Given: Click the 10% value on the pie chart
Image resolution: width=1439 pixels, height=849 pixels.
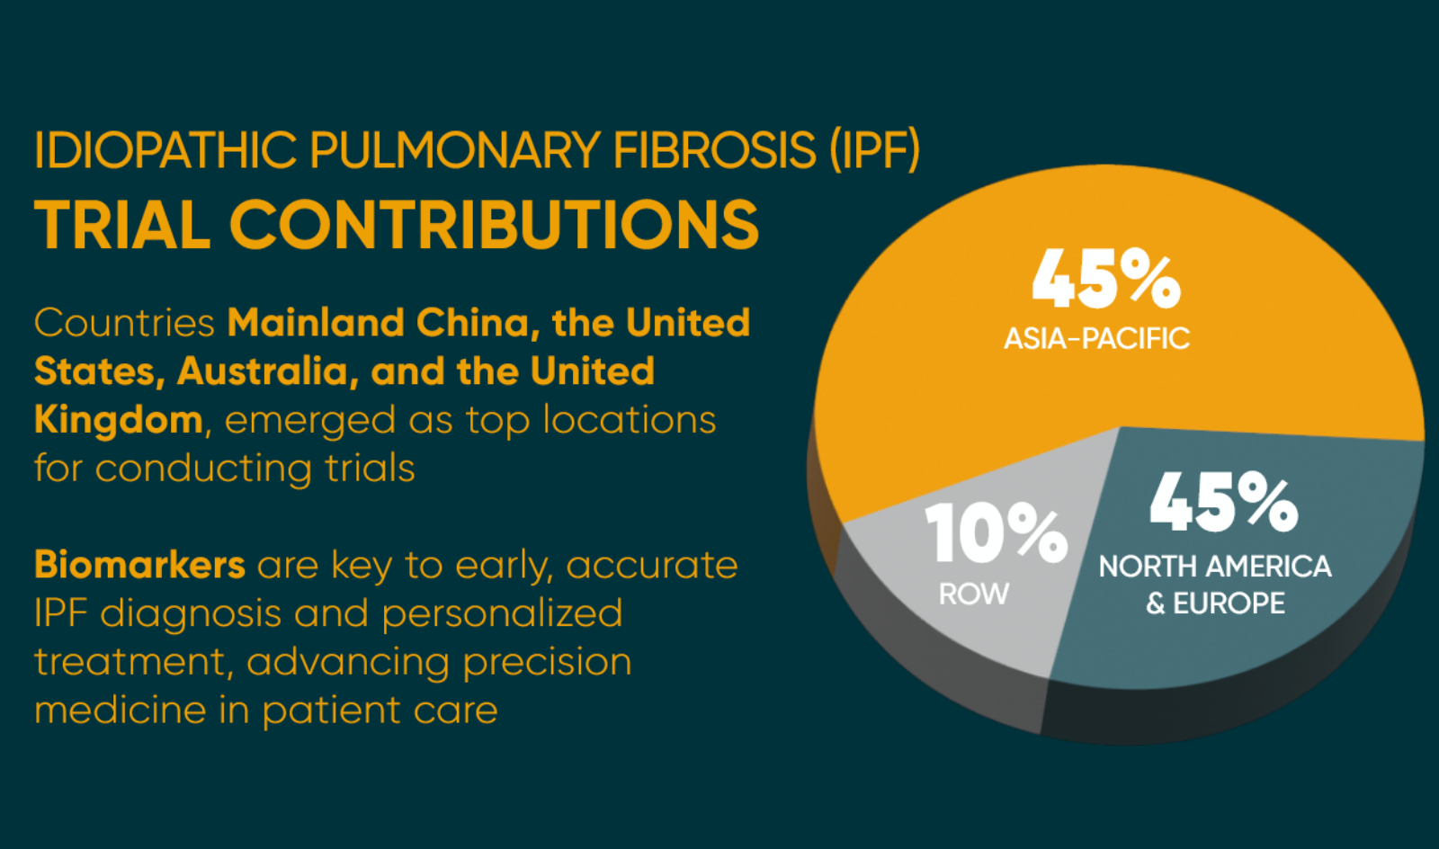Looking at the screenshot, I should [x=997, y=533].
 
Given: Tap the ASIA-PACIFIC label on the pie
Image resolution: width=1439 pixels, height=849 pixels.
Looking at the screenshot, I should [x=1096, y=339].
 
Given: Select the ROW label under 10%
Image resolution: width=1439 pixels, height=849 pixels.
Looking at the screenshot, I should [x=974, y=594].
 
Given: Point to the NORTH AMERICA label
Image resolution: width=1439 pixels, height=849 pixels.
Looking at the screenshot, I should [x=1215, y=567].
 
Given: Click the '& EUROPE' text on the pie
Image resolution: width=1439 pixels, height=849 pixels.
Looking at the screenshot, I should [x=1215, y=603].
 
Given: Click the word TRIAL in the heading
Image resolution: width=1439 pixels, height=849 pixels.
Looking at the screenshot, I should [x=122, y=225].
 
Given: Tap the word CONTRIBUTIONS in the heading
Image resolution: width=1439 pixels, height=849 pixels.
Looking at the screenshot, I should [x=495, y=225].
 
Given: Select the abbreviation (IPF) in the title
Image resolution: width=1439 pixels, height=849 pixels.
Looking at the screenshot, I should [x=874, y=150].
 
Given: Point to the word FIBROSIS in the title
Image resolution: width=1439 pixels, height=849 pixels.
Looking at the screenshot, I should [x=714, y=150].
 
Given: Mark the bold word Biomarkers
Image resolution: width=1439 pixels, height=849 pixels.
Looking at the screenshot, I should [x=139, y=566].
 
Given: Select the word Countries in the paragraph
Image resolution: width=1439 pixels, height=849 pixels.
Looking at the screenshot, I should [x=124, y=324].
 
